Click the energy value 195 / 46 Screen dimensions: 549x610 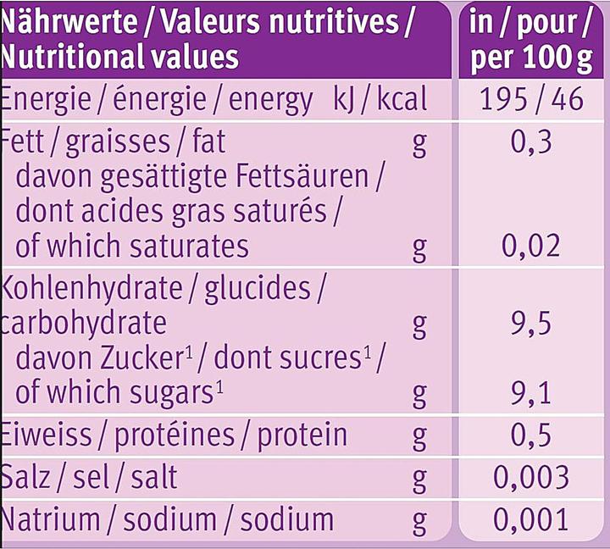[x=531, y=100]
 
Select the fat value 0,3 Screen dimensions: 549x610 [x=532, y=141]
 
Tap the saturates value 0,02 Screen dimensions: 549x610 [x=531, y=247]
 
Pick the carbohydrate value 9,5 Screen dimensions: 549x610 [x=532, y=323]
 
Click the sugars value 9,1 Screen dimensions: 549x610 [x=532, y=392]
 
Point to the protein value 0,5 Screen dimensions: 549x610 [x=532, y=435]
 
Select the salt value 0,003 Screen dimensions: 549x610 [x=531, y=477]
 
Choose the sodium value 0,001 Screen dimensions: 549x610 [x=531, y=519]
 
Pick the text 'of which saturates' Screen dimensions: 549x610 [x=132, y=247]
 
